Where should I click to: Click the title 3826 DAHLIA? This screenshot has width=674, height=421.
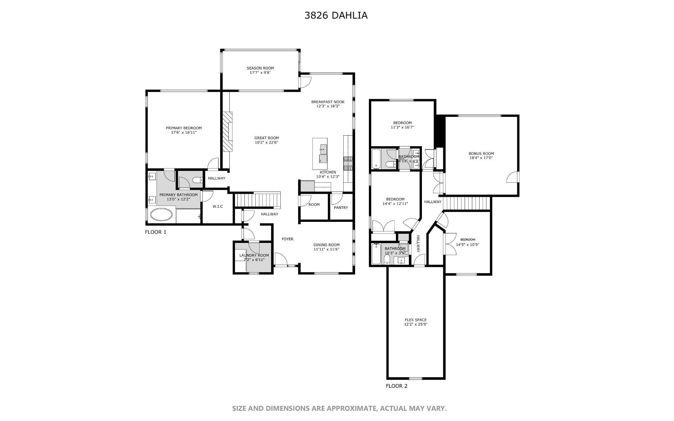[x=336, y=15]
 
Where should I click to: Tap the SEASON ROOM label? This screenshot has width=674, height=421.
[x=260, y=68]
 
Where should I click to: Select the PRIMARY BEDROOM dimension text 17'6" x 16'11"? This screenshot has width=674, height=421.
[x=184, y=133]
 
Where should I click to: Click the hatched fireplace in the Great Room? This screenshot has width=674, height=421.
[x=227, y=131]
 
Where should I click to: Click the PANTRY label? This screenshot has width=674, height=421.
[x=341, y=208]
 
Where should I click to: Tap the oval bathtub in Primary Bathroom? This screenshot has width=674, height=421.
[x=161, y=215]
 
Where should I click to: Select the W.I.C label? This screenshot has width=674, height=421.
[x=218, y=206]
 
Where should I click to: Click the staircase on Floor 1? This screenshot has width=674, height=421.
[x=257, y=199]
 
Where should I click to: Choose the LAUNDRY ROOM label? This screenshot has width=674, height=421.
[x=254, y=255]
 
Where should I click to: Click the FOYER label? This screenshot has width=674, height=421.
[x=287, y=239]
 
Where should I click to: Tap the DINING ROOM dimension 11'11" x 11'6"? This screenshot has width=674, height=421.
[x=326, y=250]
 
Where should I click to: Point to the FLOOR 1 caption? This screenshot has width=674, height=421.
[x=156, y=232]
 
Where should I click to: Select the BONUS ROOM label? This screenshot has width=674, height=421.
[x=481, y=153]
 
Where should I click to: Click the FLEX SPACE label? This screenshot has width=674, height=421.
[x=416, y=320]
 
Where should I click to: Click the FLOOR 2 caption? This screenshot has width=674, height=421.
[x=397, y=386]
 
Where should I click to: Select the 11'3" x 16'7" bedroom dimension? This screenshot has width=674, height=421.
[x=402, y=127]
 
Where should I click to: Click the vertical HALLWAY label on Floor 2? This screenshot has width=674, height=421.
[x=419, y=244]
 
